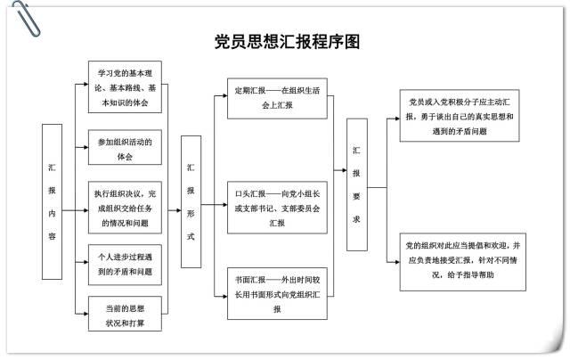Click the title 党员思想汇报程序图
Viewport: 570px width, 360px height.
287,42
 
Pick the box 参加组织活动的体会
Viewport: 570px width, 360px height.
125,148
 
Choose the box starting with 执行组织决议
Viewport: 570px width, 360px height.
125,207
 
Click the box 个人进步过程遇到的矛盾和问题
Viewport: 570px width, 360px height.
125,264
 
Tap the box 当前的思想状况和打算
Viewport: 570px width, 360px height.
125,315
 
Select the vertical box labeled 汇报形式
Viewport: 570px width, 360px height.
191,202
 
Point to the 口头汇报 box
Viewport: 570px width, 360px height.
276,207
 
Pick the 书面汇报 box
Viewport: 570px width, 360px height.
276,294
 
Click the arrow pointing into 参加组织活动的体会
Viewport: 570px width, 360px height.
82,148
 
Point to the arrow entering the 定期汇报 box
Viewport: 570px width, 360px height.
222,93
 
